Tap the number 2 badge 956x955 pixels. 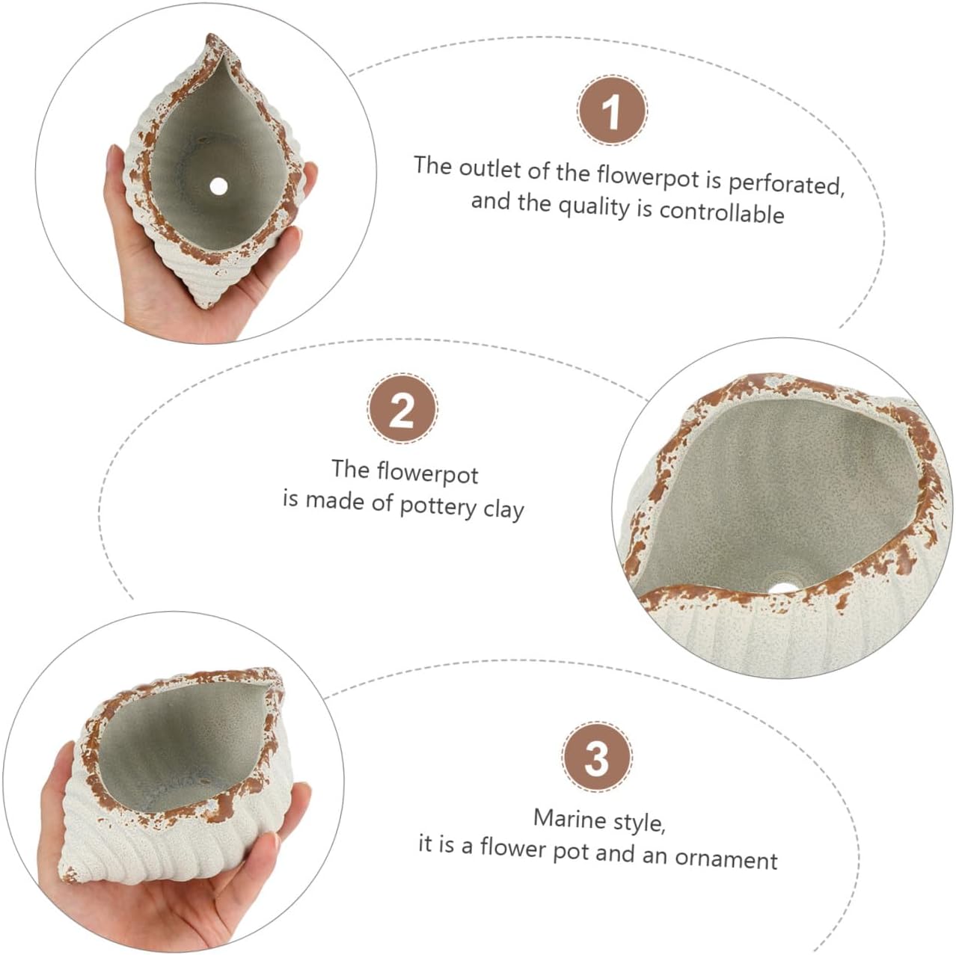click(402, 410)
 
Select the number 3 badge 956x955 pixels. click(597, 757)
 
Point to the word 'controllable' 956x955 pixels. click(721, 212)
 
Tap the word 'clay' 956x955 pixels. click(503, 510)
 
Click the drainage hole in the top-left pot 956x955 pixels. click(218, 186)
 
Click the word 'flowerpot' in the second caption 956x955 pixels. click(427, 473)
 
